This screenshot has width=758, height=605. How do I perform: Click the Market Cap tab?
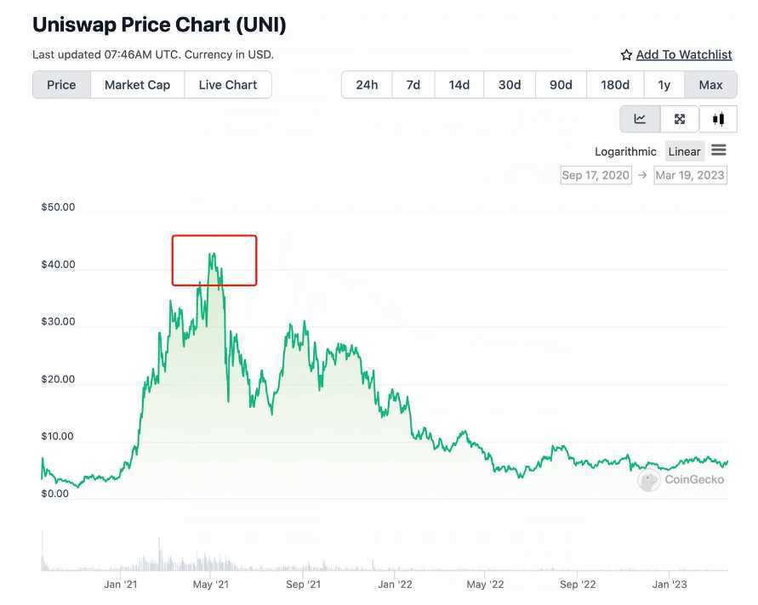pos(137,85)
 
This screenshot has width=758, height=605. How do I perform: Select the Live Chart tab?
pos(228,85)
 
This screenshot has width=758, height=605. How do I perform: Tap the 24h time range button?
pos(367,85)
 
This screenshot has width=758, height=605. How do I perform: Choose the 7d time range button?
pos(413,85)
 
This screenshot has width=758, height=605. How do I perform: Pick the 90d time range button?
pos(561,85)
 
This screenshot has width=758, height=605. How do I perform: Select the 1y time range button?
pos(664,85)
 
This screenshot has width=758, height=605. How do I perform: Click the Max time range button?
pos(710,85)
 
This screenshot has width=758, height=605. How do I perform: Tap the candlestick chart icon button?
pos(719,119)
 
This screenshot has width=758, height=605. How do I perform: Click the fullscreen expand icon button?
pos(680,119)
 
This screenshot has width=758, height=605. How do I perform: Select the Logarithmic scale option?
pos(625,151)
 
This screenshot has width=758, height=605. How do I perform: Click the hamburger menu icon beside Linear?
pos(719,150)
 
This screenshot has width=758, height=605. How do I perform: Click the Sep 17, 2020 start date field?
pos(596,175)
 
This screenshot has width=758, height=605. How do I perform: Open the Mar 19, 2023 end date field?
pos(690,175)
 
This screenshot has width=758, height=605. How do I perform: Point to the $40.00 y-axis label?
pos(58,264)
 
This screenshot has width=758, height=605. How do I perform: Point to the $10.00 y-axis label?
pos(58,437)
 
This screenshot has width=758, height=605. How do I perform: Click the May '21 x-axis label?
pos(211,585)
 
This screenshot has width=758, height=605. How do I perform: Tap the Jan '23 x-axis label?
pos(670,585)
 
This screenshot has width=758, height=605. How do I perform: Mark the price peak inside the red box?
pos(210,253)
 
